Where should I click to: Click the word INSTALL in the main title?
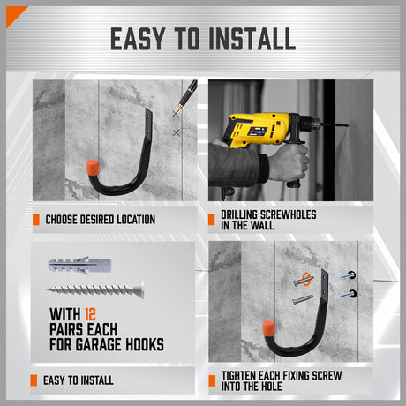tap(249, 39)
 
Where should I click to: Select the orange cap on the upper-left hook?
tap(94, 167)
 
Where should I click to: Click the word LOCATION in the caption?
tap(132, 219)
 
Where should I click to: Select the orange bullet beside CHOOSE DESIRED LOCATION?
tap(36, 219)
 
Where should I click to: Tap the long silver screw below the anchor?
tap(97, 289)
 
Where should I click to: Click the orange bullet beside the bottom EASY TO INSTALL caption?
tap(36, 380)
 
